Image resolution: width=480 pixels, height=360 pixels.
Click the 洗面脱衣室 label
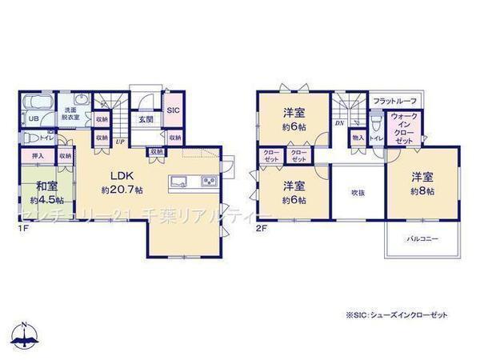[x=70, y=113]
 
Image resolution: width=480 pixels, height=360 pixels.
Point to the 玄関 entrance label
[x=145, y=120]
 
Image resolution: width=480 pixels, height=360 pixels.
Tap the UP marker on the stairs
[x=120, y=142]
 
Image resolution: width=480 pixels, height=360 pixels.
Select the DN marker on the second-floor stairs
[x=339, y=123]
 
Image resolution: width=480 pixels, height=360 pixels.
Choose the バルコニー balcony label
[x=421, y=238]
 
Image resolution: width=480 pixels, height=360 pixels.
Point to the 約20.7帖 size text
[x=122, y=190]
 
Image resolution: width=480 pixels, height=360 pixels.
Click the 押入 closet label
[x=38, y=156]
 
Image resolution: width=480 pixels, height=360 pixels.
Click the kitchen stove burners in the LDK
[x=209, y=180]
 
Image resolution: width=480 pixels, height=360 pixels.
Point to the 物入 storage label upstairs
[x=358, y=138]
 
